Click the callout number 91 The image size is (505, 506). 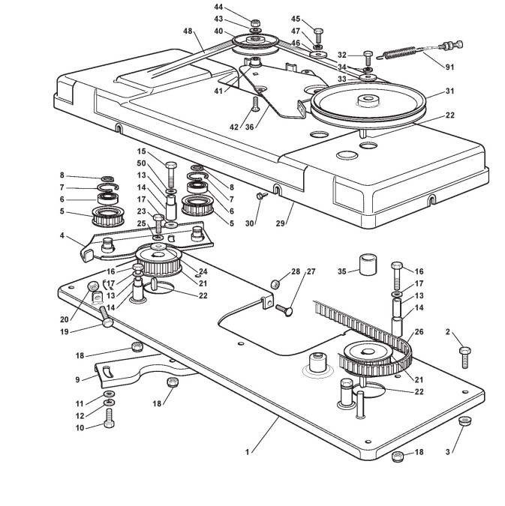pyautogui.click(x=449, y=67)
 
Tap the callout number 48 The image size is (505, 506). pyautogui.click(x=186, y=31)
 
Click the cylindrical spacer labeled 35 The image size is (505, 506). pyautogui.click(x=368, y=265)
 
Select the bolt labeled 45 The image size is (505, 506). pyautogui.click(x=319, y=34)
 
